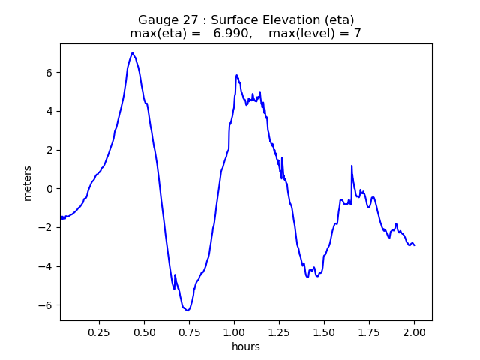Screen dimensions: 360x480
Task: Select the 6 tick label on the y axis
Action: point(50,73)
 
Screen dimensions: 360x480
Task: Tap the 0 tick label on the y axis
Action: point(50,189)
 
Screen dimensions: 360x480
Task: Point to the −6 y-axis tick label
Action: point(46,305)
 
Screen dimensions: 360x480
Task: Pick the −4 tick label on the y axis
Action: point(46,266)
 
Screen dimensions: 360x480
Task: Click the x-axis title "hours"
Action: point(246,346)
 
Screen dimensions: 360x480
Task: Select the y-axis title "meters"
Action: point(28,182)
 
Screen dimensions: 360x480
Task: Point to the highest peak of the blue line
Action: point(132,53)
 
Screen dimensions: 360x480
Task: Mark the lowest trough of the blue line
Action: point(187,310)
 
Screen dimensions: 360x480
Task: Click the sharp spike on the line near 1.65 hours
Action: point(351,166)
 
